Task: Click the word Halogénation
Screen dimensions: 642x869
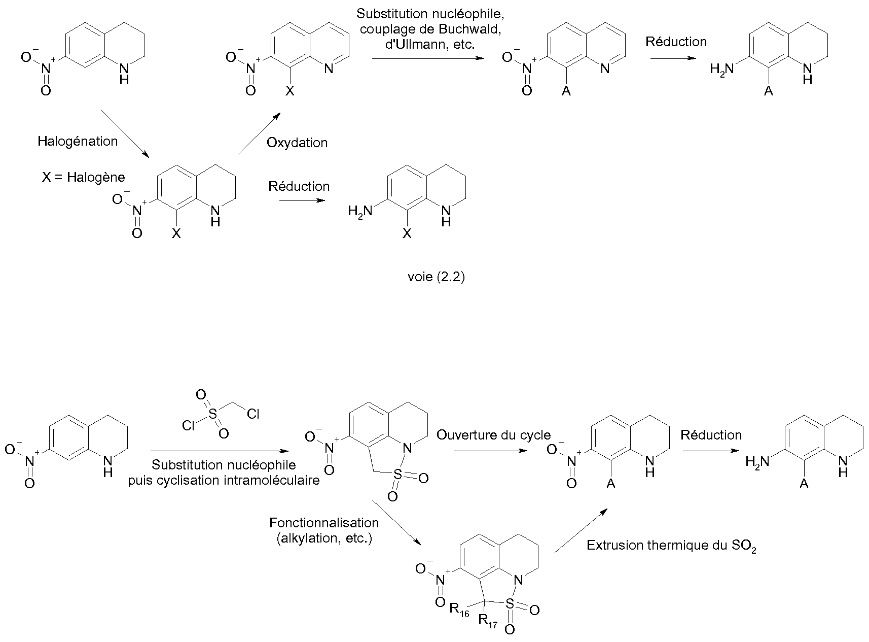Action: click(x=78, y=141)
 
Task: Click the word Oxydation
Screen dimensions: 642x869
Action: click(x=297, y=143)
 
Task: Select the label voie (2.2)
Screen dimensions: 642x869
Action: click(x=436, y=277)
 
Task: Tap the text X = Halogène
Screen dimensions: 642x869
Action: click(x=83, y=178)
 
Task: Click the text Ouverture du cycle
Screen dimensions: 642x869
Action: click(x=494, y=435)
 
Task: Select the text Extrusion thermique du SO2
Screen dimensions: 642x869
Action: click(x=671, y=546)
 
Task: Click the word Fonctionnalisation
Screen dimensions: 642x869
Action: click(x=324, y=523)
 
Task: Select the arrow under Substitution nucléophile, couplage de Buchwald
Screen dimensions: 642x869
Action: click(x=428, y=59)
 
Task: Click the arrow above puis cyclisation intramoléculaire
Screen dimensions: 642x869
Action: click(x=219, y=451)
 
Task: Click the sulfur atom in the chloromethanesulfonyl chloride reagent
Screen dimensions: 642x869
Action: click(x=212, y=414)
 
